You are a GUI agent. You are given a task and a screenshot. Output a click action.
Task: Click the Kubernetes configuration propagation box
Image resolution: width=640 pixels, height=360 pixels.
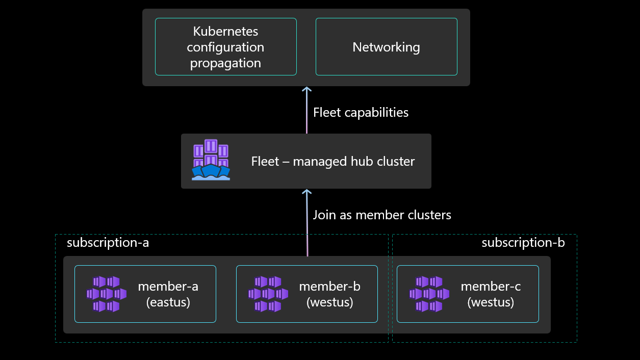(x=225, y=47)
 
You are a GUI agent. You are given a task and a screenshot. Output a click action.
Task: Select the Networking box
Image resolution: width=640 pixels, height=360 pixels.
(x=386, y=47)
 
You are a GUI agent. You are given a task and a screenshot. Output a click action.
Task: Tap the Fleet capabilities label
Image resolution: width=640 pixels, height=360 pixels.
(x=361, y=112)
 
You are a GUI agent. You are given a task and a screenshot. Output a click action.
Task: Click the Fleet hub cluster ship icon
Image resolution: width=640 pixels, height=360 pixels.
(x=211, y=160)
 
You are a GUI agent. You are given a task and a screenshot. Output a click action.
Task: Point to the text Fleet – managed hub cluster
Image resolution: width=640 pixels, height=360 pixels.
(x=332, y=162)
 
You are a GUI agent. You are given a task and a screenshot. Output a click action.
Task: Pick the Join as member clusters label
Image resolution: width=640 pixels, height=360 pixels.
(x=381, y=215)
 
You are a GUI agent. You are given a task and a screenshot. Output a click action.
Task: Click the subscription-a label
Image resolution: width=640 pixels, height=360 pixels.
(x=108, y=242)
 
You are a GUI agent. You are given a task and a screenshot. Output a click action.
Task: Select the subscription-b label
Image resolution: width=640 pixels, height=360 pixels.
(x=523, y=242)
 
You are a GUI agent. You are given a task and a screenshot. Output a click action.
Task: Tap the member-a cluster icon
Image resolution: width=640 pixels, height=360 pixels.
(x=106, y=294)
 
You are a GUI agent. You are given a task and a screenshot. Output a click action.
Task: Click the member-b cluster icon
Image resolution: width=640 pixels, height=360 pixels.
(x=268, y=294)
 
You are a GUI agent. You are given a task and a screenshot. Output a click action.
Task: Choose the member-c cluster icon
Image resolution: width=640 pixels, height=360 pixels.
(x=429, y=294)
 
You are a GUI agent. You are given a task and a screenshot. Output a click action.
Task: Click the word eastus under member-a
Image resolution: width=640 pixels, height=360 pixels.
(x=168, y=302)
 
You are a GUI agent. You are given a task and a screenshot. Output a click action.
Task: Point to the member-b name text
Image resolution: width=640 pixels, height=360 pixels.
(x=329, y=286)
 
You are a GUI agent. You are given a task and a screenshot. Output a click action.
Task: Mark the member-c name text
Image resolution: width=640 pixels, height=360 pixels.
(x=491, y=286)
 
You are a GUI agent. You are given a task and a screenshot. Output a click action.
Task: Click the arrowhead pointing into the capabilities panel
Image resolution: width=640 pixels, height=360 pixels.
(x=306, y=90)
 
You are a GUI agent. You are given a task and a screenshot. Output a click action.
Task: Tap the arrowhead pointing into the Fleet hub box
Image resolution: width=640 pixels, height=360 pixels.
(x=306, y=192)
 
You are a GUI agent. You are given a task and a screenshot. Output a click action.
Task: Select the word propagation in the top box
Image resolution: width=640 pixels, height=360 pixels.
(x=225, y=63)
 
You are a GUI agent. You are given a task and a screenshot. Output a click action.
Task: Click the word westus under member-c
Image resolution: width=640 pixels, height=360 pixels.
(x=491, y=302)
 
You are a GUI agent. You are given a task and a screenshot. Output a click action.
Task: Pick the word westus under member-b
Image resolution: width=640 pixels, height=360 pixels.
(x=329, y=302)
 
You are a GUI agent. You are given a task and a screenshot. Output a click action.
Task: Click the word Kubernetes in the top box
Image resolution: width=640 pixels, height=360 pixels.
(x=225, y=31)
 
